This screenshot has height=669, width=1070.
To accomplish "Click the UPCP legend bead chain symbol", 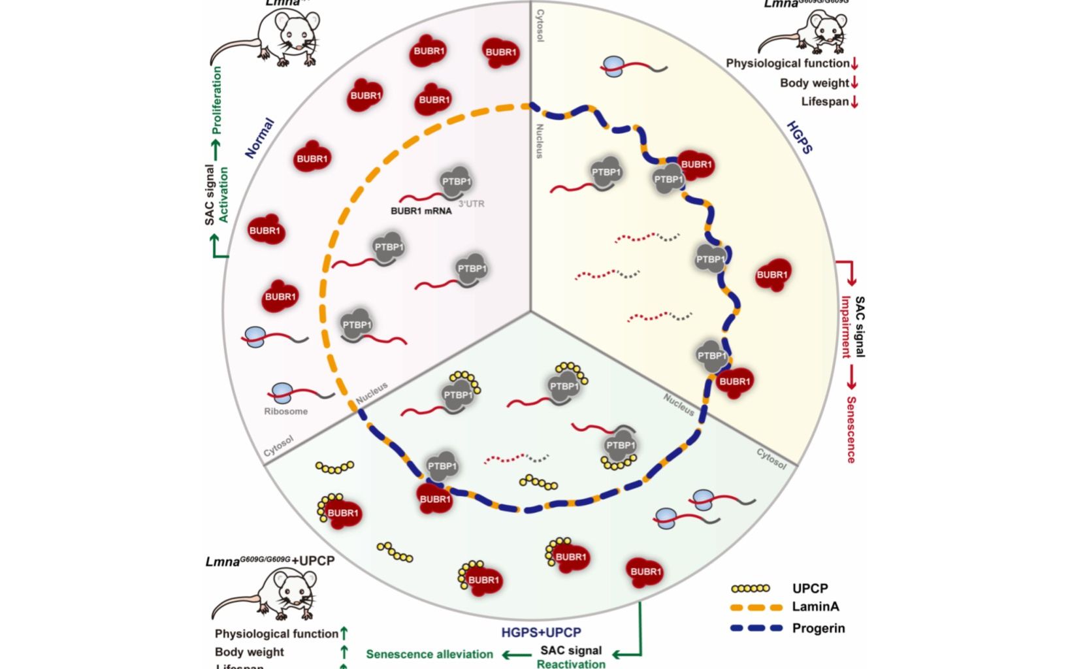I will [x=751, y=588].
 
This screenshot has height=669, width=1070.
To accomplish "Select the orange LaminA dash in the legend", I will [x=756, y=607].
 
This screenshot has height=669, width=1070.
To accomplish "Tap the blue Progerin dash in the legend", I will [x=756, y=628].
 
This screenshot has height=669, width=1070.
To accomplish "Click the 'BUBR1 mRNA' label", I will [x=421, y=211].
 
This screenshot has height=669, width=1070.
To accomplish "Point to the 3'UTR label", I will [x=471, y=204].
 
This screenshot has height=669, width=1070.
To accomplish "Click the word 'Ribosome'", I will [x=285, y=412].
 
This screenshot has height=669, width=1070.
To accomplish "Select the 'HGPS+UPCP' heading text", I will [x=541, y=632].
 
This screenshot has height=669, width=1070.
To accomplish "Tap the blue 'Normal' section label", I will [x=259, y=139].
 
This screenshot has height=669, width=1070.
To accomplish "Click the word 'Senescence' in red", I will [x=851, y=429].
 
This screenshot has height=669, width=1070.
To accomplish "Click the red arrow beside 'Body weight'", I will [x=854, y=83].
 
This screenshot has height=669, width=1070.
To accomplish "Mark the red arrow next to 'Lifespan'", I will [x=854, y=102].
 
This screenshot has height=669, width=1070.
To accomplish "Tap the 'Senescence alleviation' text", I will [x=429, y=654].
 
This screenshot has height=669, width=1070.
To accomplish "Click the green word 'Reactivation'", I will [x=571, y=664].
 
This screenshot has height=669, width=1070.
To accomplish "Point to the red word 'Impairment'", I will [x=846, y=327].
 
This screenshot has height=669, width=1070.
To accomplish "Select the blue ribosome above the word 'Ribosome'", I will [x=282, y=393].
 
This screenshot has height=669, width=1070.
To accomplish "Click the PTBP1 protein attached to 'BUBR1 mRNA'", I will [x=456, y=182].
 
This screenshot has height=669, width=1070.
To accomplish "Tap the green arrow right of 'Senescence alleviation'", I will [x=516, y=654].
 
